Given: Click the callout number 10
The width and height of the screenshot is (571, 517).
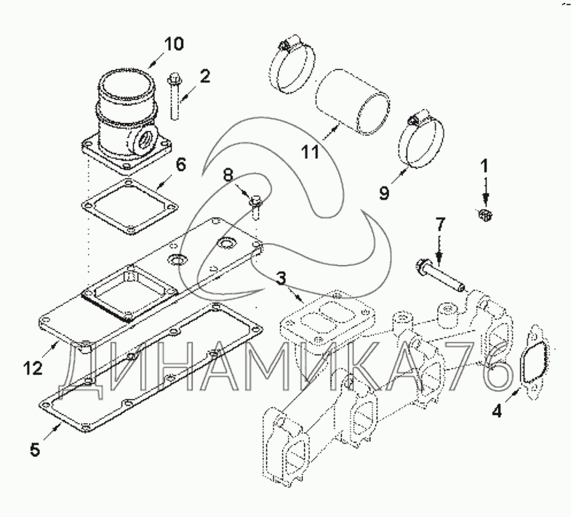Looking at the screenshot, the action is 174,44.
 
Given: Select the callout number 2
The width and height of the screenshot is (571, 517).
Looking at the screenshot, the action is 204,76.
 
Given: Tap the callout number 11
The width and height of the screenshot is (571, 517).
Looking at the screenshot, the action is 311,151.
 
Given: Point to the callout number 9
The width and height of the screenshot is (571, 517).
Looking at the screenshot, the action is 385,192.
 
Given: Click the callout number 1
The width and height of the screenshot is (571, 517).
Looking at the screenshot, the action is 484,166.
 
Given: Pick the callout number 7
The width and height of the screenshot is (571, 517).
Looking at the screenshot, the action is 440,225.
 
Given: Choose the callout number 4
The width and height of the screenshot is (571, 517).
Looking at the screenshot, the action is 497,411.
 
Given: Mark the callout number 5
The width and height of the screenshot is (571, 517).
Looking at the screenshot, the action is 35,449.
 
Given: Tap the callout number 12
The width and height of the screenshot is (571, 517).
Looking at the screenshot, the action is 33,368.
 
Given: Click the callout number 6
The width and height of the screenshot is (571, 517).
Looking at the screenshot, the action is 181,165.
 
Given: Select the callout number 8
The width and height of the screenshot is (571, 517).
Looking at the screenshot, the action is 228,175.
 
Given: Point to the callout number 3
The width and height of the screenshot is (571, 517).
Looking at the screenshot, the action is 280,280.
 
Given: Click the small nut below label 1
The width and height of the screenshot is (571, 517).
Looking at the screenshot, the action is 484,214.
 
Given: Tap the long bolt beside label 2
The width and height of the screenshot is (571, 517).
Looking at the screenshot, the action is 175,96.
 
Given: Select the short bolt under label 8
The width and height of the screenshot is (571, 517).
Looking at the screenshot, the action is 255,207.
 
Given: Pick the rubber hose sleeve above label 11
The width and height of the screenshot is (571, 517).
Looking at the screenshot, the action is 354,102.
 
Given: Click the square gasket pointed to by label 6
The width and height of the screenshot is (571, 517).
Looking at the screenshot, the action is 129,206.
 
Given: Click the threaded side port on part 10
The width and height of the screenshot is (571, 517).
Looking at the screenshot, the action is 144,141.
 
